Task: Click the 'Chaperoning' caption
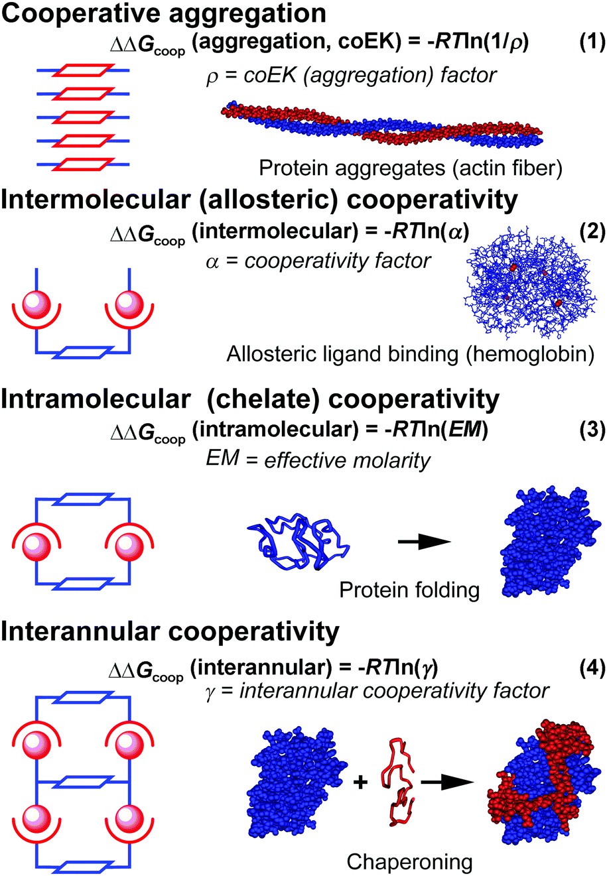click(410, 861)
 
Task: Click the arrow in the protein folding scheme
click(425, 542)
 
